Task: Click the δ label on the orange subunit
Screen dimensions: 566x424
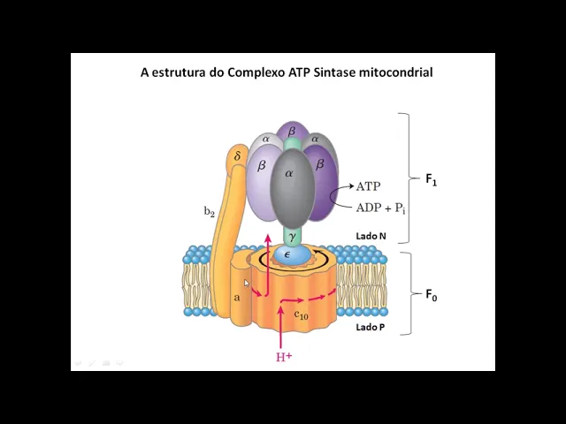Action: [x=237, y=156]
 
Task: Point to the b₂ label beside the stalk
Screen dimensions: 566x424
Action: [x=210, y=211]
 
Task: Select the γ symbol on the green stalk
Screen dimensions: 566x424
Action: [x=292, y=237]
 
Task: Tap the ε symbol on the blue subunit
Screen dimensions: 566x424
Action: [x=287, y=254]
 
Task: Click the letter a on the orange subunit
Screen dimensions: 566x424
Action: [x=237, y=298]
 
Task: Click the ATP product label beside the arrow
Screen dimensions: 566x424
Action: [x=368, y=186]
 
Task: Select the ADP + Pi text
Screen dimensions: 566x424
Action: [x=381, y=208]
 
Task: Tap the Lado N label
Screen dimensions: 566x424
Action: [x=371, y=236]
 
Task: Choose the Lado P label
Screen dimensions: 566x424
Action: [x=370, y=327]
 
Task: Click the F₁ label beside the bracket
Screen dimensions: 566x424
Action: [x=432, y=179]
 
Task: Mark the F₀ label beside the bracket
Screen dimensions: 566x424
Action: [x=432, y=295]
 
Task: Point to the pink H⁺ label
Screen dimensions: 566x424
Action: [x=284, y=357]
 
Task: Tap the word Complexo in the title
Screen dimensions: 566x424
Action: [x=257, y=72]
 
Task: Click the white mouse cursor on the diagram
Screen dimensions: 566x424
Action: [x=248, y=284]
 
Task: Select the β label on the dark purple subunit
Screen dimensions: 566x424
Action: [x=320, y=163]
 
